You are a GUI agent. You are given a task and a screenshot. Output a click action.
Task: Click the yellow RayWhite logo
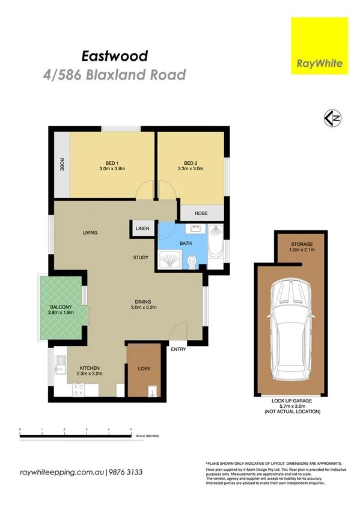(x=319, y=46)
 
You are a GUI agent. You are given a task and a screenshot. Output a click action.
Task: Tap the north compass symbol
(x=332, y=118)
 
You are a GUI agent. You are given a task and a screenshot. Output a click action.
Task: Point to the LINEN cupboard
(x=142, y=229)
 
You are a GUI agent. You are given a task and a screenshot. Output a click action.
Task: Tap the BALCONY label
(x=61, y=308)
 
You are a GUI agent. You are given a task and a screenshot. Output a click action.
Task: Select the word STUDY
(x=141, y=258)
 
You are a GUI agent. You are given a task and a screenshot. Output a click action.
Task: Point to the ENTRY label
(x=178, y=349)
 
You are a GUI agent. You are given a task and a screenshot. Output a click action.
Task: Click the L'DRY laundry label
(x=143, y=368)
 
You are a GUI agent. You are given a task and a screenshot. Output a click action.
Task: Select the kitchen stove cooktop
(x=78, y=389)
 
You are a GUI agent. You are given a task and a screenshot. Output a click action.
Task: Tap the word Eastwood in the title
(x=114, y=57)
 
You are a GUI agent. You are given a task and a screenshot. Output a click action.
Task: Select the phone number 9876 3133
(x=126, y=472)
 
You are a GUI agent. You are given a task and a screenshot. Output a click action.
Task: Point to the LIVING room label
(x=90, y=233)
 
